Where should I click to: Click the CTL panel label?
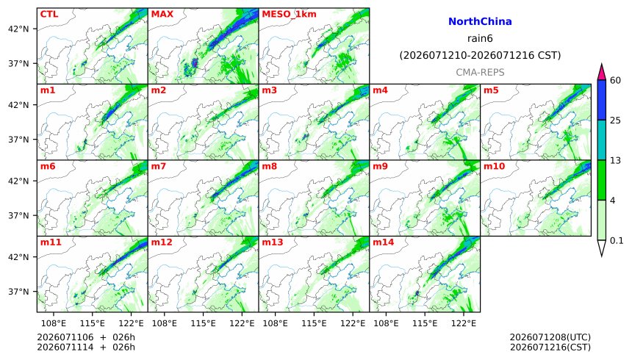coord(49,14)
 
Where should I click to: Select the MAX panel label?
coord(162,14)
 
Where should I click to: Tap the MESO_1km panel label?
coord(289,15)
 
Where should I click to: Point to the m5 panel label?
coord(491,90)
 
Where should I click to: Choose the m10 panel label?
coord(494,166)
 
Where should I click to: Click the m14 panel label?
coord(384,242)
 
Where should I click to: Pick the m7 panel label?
coord(159,166)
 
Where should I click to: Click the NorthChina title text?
coord(480,21)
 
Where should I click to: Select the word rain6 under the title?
coord(480,39)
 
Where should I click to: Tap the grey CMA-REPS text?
coord(480,72)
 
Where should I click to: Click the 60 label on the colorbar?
coord(616,80)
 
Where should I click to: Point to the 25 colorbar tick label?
coord(616,120)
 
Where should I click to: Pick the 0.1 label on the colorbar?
coord(617,241)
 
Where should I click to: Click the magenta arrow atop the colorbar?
coord(602,72)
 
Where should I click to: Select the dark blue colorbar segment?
coord(602,100)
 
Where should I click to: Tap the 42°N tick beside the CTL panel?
coord(18,29)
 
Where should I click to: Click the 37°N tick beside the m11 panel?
coord(18,292)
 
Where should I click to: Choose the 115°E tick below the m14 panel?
coord(425,323)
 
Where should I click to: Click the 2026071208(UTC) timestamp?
coord(550,337)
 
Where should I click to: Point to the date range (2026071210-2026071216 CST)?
coord(480,55)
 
